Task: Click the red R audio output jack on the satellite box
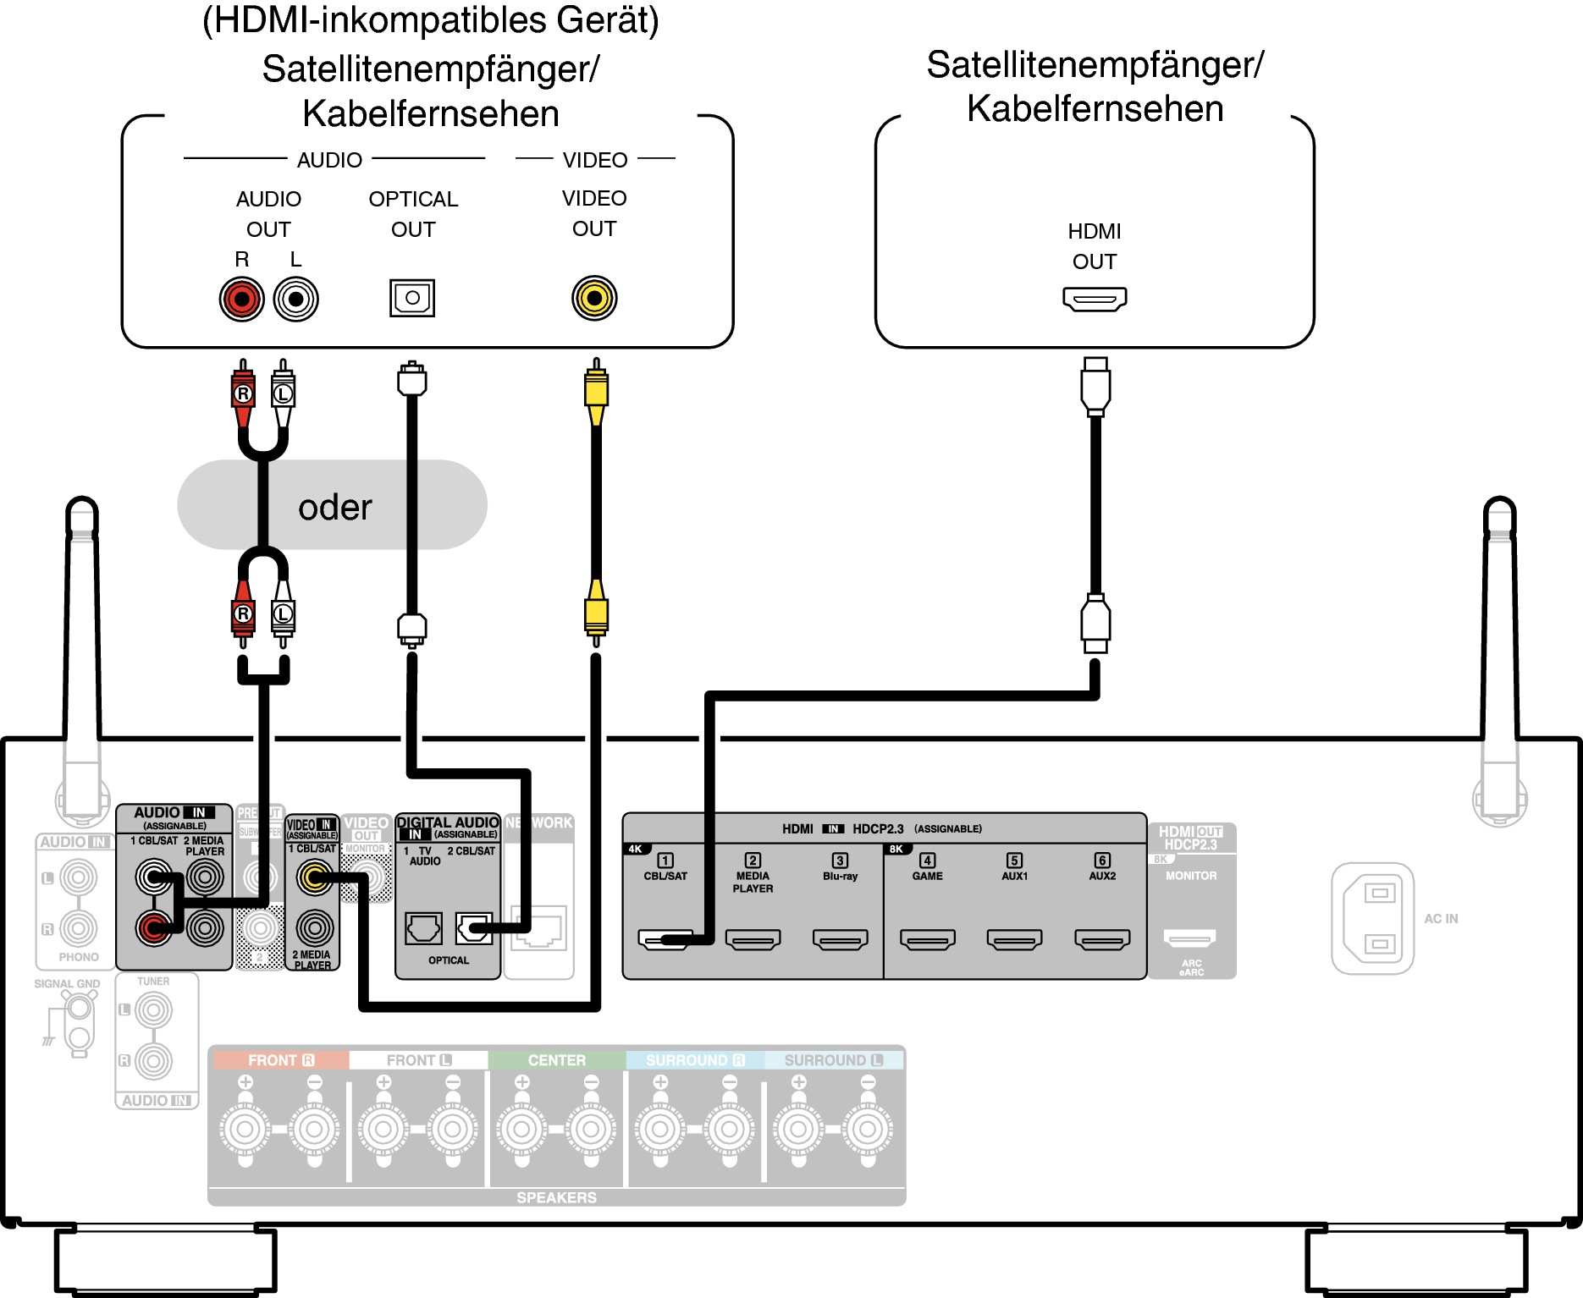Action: (242, 299)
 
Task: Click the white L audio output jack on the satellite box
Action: (295, 299)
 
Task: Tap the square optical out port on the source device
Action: (412, 298)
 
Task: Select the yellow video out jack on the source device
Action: (594, 298)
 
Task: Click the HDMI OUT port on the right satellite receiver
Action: (1095, 299)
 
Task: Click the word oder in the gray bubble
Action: (334, 507)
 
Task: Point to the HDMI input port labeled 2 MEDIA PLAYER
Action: (753, 939)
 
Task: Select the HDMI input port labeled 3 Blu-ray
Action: (840, 939)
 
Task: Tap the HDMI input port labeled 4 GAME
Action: (928, 939)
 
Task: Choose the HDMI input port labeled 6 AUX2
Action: (1102, 939)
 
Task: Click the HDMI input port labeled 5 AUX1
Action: (1014, 939)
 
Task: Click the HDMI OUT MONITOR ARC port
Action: (1189, 938)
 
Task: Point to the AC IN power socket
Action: (1372, 918)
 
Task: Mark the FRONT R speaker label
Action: (280, 1060)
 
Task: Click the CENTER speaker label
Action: (556, 1060)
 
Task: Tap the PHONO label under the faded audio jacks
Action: (79, 957)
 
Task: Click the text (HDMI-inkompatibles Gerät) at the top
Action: (430, 20)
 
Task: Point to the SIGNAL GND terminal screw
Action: (80, 1008)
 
